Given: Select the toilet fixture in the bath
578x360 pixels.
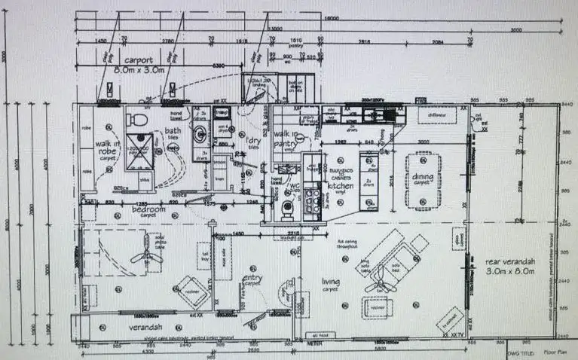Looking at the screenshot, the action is click(136, 118).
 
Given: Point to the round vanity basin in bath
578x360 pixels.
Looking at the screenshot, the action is click(201, 134).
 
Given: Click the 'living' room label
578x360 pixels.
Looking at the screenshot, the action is click(331, 282).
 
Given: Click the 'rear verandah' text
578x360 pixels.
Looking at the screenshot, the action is click(510, 261).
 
